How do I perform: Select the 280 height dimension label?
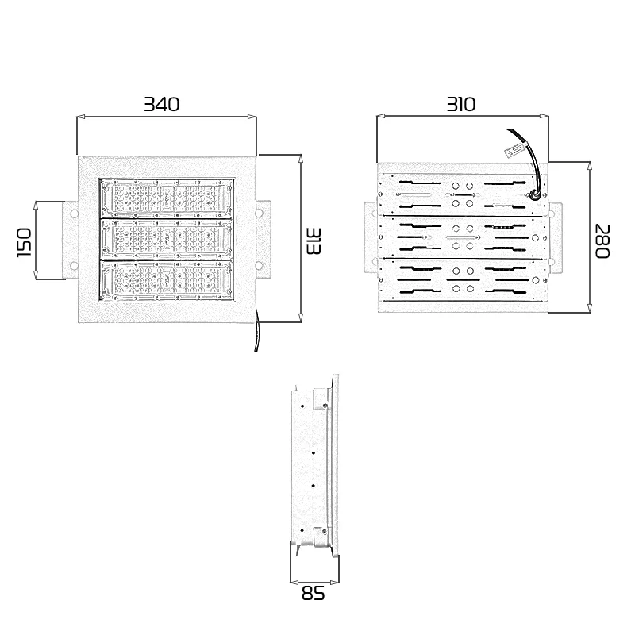point(602,240)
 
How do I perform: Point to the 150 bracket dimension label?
point(24,241)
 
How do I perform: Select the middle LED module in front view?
point(167,239)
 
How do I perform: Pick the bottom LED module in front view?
point(167,280)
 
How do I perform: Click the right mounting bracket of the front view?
point(263,240)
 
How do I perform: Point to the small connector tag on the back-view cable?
point(514,149)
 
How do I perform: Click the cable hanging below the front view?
point(256,337)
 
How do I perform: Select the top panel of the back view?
point(464,194)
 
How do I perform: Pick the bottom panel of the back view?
point(464,279)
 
